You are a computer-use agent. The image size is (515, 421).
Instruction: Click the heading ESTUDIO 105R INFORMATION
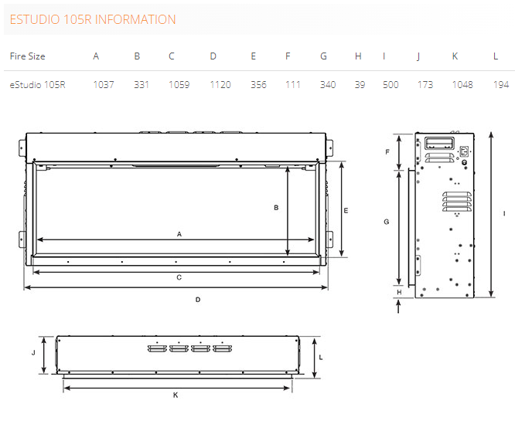(93, 19)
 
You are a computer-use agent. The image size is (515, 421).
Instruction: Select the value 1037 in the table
(104, 85)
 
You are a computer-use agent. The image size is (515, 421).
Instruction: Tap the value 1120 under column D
(220, 85)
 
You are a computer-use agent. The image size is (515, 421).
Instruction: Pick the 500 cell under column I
(391, 85)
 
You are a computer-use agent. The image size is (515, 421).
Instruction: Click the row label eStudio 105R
(37, 85)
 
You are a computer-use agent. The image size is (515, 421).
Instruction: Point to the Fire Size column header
(27, 56)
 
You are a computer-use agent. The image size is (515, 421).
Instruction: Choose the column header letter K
(455, 56)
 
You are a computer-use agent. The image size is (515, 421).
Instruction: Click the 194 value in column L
(501, 85)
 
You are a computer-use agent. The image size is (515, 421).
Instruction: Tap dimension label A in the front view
(179, 234)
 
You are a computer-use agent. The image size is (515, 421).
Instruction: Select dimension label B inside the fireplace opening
(276, 207)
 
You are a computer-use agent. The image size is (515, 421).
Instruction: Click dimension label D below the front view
(198, 300)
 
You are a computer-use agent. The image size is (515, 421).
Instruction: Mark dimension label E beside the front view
(346, 211)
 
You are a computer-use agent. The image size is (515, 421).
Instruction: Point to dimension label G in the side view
(387, 222)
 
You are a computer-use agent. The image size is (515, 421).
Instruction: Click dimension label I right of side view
(504, 214)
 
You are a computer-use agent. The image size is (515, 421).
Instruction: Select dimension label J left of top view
(33, 353)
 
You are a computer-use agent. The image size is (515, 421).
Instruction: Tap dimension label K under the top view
(176, 395)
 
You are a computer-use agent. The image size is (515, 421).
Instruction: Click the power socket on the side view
(464, 151)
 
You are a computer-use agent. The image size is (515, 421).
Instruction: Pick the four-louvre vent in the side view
(457, 201)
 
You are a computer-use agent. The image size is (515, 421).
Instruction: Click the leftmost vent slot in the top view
(157, 348)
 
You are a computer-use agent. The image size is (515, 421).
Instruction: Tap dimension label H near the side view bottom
(399, 292)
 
